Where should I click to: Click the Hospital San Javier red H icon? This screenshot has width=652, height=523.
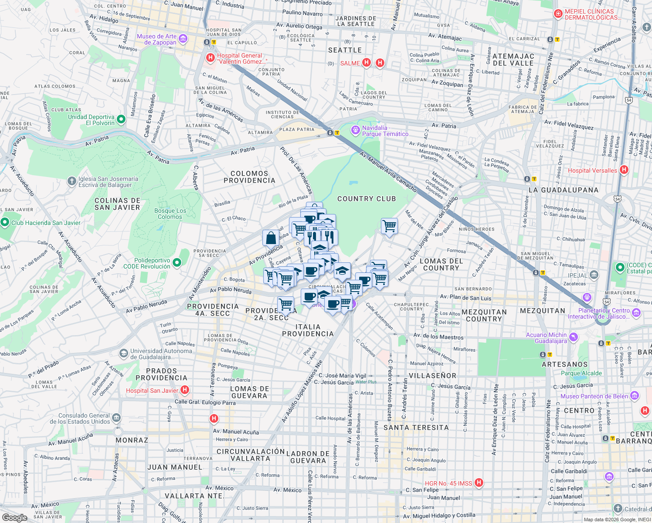tap(185, 390)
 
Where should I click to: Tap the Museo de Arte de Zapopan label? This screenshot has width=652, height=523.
tap(157, 39)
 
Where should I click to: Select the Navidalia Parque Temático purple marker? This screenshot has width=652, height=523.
tap(356, 130)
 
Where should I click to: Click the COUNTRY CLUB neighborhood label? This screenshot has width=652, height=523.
tap(367, 199)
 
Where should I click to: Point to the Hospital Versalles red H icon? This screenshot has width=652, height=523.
tap(624, 170)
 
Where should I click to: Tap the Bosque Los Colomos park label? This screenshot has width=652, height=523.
tap(170, 214)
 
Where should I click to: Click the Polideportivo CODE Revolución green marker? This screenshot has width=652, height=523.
tap(177, 262)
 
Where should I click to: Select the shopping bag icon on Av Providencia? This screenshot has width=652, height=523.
tap(271, 238)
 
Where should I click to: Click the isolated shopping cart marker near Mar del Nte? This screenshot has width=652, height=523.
tap(389, 226)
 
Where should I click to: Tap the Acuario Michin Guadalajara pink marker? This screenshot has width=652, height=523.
tap(574, 337)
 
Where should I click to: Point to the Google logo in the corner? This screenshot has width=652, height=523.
tap(14, 517)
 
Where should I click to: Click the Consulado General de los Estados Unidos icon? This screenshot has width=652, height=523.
tap(116, 418)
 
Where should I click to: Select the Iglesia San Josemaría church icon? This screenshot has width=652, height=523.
tap(72, 181)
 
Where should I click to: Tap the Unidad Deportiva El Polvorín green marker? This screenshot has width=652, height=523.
tap(122, 119)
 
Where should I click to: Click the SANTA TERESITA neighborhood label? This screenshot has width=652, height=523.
tap(416, 428)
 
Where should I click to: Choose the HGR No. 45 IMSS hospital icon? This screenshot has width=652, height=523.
tap(479, 482)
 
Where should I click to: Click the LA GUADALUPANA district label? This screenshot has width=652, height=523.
tap(563, 190)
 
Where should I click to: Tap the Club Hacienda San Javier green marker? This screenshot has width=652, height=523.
tap(5, 222)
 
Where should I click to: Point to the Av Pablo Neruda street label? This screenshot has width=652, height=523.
tap(231, 290)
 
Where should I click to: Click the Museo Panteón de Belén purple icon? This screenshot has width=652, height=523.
tap(635, 396)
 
